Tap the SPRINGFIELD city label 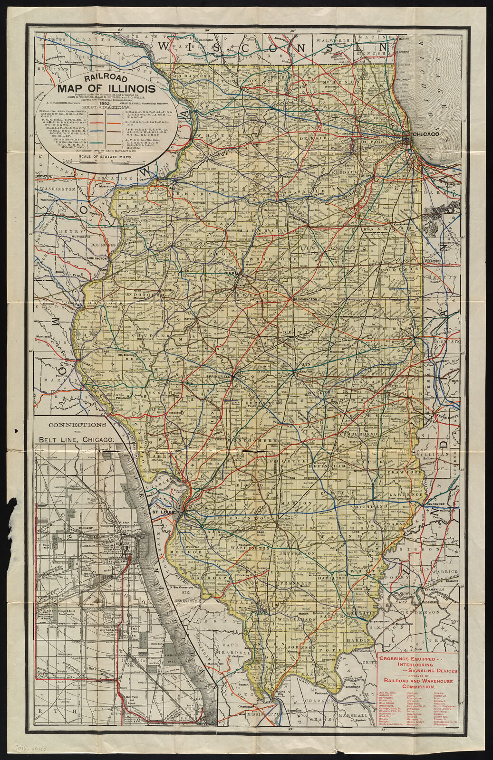219,376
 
